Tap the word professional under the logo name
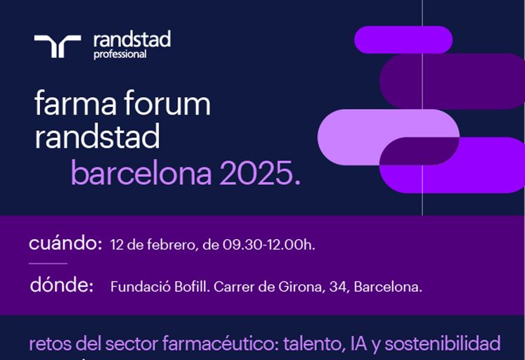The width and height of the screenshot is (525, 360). click(120, 54)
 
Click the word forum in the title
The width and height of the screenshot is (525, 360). click(167, 103)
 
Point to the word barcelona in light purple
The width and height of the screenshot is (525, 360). click(141, 173)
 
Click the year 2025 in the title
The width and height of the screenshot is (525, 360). click(257, 173)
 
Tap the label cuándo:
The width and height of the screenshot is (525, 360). click(65, 243)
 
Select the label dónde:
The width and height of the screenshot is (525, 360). click(62, 285)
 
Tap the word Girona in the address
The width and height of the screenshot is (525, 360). click(302, 287)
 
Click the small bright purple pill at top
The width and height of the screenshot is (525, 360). click(403, 40)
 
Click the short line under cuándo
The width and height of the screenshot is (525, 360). click(48, 264)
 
